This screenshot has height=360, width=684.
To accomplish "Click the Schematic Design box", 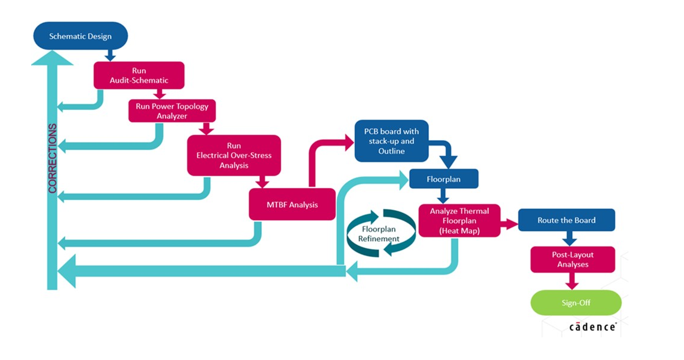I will click(80, 36).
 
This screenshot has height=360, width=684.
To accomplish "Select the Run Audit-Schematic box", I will click(139, 75).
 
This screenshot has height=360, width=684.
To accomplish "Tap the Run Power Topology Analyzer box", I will click(172, 111).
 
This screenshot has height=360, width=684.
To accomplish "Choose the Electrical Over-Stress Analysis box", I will click(234, 155).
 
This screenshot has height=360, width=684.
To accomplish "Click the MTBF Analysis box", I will click(292, 205).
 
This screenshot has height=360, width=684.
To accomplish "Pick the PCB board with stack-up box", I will click(391, 141).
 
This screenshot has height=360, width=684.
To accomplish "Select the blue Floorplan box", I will click(443, 179).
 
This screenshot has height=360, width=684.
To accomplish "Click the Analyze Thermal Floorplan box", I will click(459, 220).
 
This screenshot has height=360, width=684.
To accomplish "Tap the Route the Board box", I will click(566, 220).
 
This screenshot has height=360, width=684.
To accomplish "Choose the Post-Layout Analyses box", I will click(572, 260).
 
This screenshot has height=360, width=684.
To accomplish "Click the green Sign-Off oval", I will click(576, 303).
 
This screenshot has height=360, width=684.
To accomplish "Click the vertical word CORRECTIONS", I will click(53, 158).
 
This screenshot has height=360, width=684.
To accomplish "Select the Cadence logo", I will click(592, 327).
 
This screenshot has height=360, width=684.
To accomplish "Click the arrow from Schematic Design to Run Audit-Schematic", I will click(109, 55).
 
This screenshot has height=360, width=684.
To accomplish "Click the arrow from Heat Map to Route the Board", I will click(509, 224).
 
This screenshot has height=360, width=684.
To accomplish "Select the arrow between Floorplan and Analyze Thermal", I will click(443, 196).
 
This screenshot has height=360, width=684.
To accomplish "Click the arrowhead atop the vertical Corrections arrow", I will click(52, 57).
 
